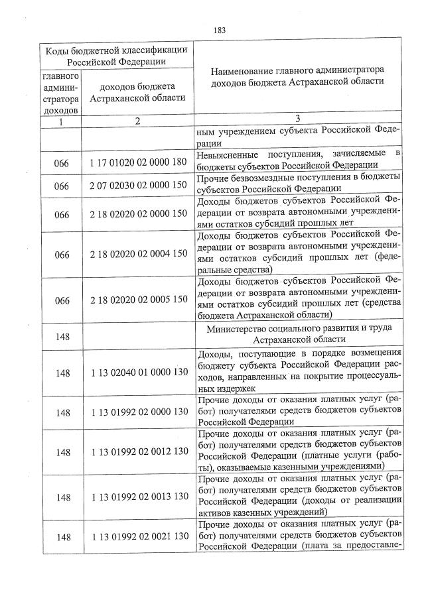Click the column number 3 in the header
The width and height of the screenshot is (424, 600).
click(297, 119)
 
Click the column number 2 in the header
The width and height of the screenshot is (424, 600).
click(137, 121)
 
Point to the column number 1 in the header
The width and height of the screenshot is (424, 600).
click(62, 121)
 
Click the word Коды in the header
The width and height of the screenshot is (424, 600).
click(58, 50)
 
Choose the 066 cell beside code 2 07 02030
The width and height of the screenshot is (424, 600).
click(62, 186)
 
